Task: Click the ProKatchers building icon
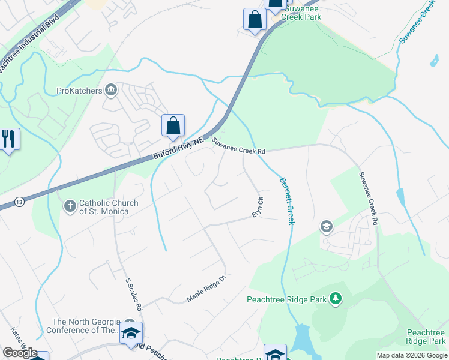(x=111, y=91)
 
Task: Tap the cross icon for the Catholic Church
(x=70, y=206)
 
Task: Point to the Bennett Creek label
(x=286, y=201)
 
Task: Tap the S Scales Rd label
(x=133, y=294)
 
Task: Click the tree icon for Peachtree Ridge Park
(x=336, y=298)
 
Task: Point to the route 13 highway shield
(x=20, y=199)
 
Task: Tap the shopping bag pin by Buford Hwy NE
(x=173, y=126)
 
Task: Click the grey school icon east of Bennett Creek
(x=326, y=226)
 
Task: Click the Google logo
(x=20, y=353)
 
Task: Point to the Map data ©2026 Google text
(x=412, y=355)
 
